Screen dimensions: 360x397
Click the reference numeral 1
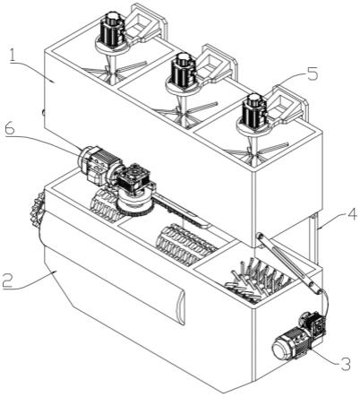13,56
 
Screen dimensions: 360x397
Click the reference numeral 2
9,280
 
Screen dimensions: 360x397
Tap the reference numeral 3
345,363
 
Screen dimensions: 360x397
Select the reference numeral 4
352,214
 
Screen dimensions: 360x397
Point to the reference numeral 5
312,73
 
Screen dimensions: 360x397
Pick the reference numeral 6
10,131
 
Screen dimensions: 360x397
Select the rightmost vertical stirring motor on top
254,113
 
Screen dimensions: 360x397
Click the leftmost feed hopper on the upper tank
145,22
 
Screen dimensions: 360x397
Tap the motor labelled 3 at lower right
299,338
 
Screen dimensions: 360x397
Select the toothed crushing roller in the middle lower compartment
185,245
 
